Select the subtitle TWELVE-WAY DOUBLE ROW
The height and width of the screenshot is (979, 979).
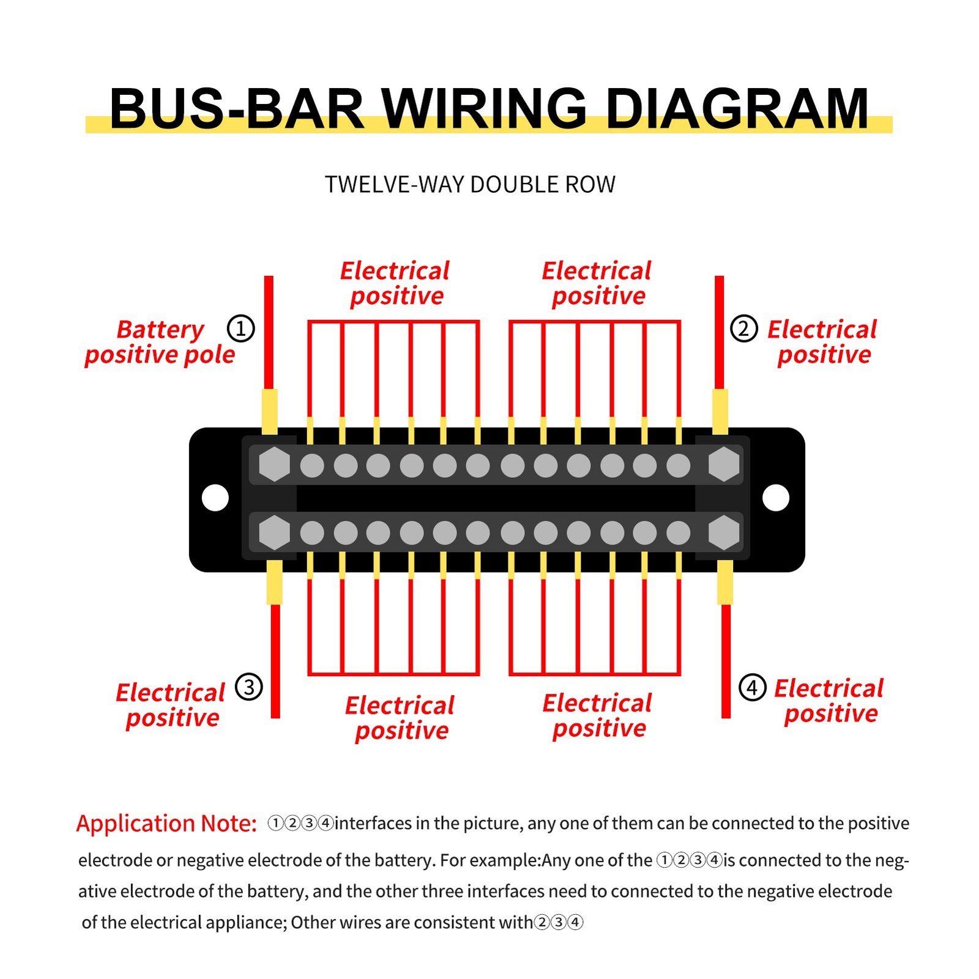coord(469,185)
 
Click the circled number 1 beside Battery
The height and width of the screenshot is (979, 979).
coord(240,329)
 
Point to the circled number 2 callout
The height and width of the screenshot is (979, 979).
coord(743,329)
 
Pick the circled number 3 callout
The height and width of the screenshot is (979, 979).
coord(249,687)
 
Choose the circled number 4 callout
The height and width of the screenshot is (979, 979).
coord(752,687)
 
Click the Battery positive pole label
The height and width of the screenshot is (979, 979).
coord(160,342)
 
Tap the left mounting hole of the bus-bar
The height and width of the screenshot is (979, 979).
coord(215,498)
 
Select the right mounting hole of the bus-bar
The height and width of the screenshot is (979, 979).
coord(776,498)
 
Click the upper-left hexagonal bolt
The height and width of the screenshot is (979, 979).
coord(274,464)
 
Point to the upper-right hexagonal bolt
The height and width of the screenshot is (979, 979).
coord(724,464)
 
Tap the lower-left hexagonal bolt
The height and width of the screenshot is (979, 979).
coord(274,532)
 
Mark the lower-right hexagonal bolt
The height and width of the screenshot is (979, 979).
coord(724,532)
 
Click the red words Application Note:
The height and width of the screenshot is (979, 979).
coord(166,824)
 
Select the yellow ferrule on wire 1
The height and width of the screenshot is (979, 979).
coord(269,411)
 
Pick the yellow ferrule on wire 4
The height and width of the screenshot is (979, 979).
coord(725,582)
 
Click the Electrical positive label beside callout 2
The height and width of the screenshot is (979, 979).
coord(823,342)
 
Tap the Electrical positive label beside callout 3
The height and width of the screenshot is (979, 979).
coord(171,705)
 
